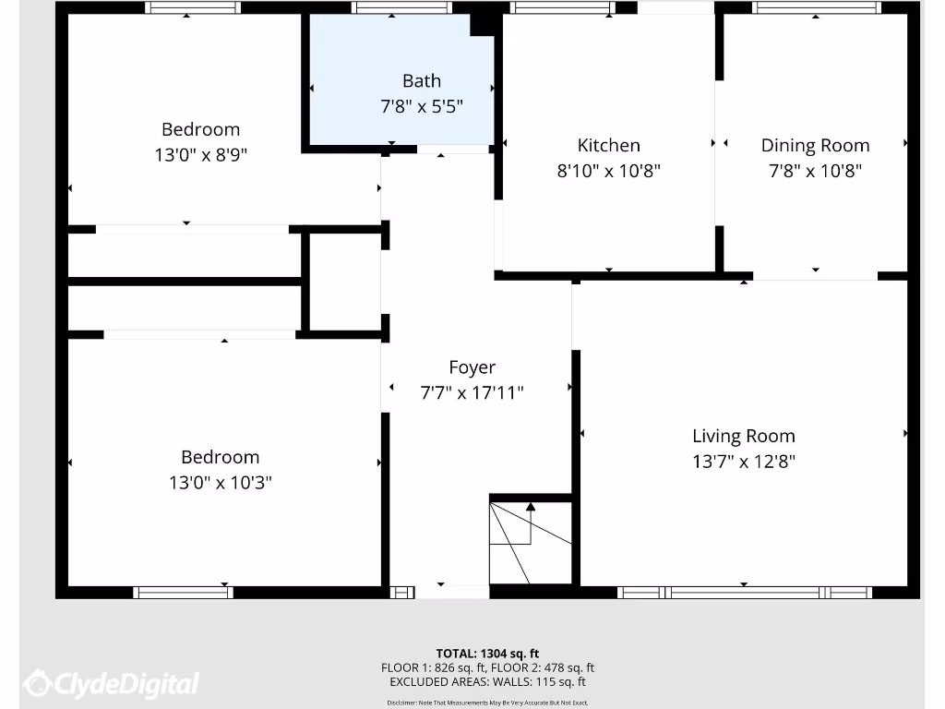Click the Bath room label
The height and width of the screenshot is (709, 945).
coord(421,81)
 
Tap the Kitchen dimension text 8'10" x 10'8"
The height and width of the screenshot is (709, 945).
coord(608,171)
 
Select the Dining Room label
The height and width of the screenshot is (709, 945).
coord(815,145)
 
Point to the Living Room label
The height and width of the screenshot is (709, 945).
coord(743,436)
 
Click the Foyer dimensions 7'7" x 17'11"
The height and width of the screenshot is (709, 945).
coord(472,393)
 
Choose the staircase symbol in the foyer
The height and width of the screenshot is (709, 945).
coord(530,542)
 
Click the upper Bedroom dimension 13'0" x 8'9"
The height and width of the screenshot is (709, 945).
coord(200,155)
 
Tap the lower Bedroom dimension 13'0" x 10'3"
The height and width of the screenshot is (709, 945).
coord(220,482)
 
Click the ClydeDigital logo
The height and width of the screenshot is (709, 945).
coord(112,684)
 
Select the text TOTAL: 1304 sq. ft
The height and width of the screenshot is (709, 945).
coord(487,653)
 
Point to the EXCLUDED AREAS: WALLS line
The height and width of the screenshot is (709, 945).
coord(487,682)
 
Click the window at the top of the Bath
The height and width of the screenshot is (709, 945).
coord(401,7)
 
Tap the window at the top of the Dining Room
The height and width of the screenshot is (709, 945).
coord(816,7)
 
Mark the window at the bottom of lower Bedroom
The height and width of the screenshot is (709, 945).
coord(183,593)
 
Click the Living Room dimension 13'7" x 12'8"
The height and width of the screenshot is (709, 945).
coord(743,462)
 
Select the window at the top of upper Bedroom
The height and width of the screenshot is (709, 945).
coord(192,7)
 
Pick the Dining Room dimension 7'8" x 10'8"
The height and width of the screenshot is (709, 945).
coord(815,171)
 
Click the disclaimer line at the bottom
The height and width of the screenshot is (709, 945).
coord(487,703)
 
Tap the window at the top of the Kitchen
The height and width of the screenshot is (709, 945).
coord(561,7)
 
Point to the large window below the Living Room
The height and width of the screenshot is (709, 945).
coord(744,593)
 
